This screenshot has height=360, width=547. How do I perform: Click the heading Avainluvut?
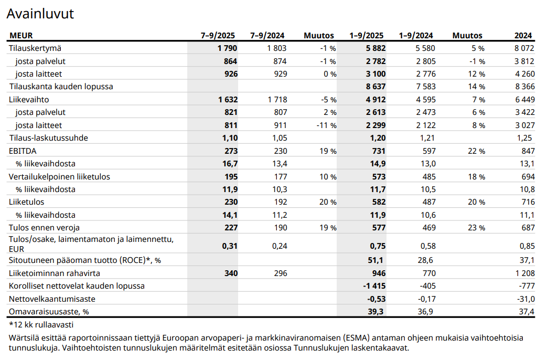coord(40,14)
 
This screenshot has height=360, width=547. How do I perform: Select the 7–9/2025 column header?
coord(218,36)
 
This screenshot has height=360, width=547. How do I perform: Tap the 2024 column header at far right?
coord(523,36)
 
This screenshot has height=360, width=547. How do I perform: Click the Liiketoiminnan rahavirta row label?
coord(55,273)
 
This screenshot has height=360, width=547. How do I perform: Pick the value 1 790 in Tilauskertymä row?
coord(227,48)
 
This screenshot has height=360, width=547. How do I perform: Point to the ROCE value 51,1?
coord(377,260)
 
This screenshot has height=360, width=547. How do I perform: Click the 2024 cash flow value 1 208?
coord(524,273)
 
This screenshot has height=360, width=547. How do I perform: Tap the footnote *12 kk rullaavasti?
coord(41,325)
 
